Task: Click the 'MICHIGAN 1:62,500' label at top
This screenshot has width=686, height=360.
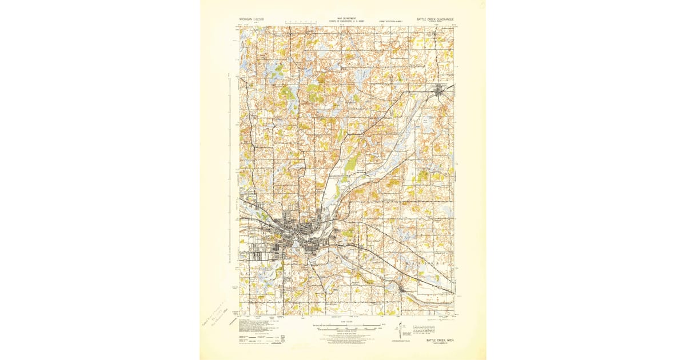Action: pyautogui.click(x=255, y=20)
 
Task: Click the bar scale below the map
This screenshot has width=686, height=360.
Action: pyautogui.click(x=345, y=328)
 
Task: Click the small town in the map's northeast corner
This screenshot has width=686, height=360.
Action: pyautogui.click(x=441, y=90)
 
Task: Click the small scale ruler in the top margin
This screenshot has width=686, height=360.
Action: pyautogui.click(x=297, y=22)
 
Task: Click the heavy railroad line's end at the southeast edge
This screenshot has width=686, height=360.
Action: pyautogui.click(x=454, y=294)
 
